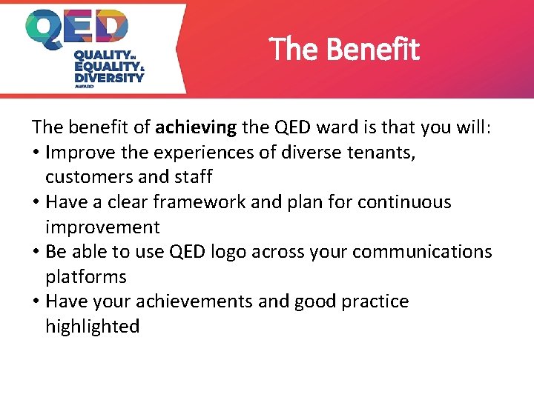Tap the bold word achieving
[x=196, y=127]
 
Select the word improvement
[x=102, y=227]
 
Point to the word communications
[x=422, y=252]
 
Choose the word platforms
[x=86, y=277]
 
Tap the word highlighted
[x=93, y=326]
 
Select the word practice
[x=375, y=301]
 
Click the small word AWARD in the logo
[x=85, y=86]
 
